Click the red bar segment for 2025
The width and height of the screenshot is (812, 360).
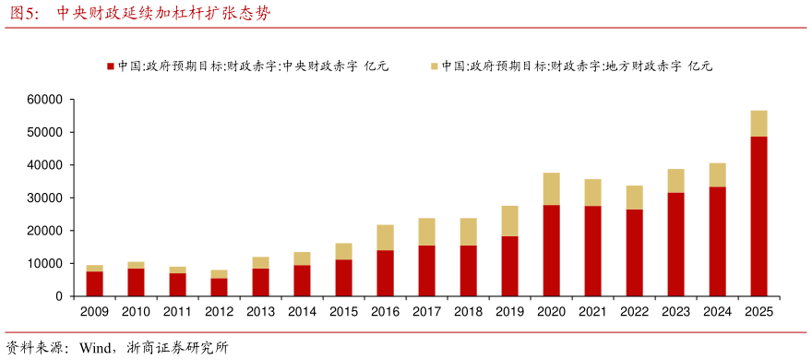coord(758,216)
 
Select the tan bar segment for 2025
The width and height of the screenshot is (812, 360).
coord(758,124)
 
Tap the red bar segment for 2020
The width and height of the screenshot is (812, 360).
coord(551,250)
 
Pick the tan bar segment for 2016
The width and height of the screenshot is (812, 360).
coord(385,237)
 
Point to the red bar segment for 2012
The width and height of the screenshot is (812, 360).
coord(219,287)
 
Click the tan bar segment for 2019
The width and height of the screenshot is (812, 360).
coord(509,221)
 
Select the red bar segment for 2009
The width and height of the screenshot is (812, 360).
coord(94,283)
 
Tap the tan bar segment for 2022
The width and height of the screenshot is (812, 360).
coord(634,198)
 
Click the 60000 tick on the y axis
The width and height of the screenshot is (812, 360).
coord(44,100)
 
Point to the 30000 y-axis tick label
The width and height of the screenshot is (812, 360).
coord(44,198)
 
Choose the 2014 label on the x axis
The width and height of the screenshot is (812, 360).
coord(302,312)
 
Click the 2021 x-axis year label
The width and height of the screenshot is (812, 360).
coord(592,312)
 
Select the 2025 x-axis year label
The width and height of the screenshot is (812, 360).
coord(758,312)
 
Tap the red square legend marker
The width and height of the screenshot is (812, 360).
coord(110,66)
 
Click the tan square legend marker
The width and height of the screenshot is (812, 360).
coord(434,66)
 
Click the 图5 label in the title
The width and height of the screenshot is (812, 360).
coord(25,14)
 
